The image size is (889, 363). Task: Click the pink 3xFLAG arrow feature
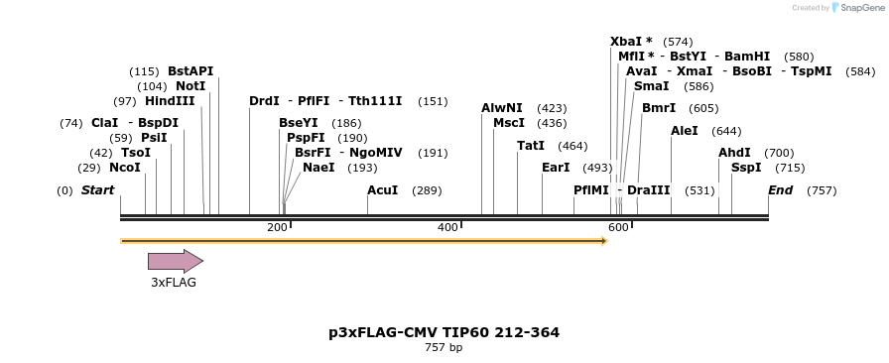click(x=175, y=261)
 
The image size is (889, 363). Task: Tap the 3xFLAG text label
click(x=174, y=282)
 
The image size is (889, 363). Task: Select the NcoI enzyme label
click(x=125, y=168)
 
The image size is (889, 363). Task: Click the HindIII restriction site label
click(x=170, y=101)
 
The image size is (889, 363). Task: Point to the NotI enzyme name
click(x=190, y=86)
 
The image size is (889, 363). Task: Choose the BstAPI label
click(x=190, y=71)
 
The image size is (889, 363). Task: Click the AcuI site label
click(x=382, y=189)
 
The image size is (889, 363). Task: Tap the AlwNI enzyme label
click(x=501, y=107)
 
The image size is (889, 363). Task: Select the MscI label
click(x=509, y=122)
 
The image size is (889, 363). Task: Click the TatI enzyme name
click(x=531, y=145)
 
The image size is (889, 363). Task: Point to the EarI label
click(x=556, y=167)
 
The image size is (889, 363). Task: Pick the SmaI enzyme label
click(x=651, y=86)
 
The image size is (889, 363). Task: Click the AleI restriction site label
click(x=685, y=130)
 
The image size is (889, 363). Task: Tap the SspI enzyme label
click(x=746, y=167)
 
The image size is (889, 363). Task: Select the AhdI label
click(x=735, y=152)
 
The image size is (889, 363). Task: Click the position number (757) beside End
click(x=822, y=190)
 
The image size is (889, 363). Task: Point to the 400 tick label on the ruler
click(x=447, y=228)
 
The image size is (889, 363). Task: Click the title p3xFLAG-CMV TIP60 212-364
click(x=444, y=332)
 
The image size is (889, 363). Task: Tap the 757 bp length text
click(x=444, y=347)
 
